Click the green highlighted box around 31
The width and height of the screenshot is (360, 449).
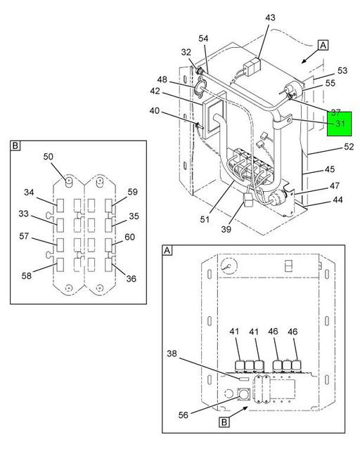340,124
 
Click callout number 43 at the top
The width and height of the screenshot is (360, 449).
270,18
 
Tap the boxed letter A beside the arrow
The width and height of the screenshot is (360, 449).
323,45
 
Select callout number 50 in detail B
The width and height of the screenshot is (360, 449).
48,157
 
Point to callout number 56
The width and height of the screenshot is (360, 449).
183,415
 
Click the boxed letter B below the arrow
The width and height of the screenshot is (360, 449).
224,422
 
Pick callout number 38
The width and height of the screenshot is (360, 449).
172,353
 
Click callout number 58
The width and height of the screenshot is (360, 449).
27,275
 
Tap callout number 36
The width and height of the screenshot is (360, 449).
131,279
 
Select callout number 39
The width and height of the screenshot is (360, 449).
226,229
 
